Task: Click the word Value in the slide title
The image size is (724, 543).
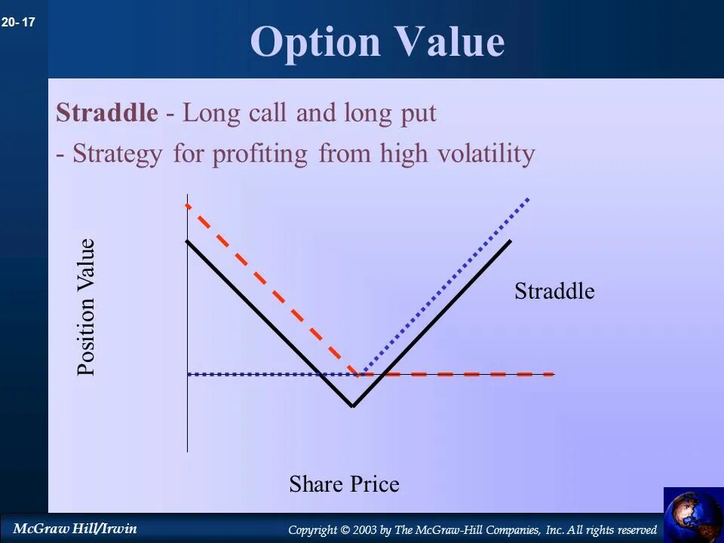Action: coord(450,41)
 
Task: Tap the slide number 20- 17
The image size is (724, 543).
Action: coord(18,22)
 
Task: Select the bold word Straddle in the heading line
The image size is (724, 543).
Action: coord(106,112)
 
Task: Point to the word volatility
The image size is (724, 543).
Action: coord(486,153)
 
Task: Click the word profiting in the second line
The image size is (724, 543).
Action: coord(259,154)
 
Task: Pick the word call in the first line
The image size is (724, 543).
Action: coord(267,112)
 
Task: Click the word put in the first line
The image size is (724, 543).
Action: coord(419,115)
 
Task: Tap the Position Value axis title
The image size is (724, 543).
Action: coord(86,307)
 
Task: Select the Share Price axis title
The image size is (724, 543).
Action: coord(344,484)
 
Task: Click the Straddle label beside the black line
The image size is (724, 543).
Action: coord(554,291)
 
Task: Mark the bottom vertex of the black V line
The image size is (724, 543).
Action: coord(352,406)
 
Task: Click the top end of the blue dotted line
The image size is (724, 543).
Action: coord(528,199)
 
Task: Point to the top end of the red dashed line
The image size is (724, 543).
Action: coord(187,204)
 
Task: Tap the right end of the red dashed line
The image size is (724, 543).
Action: coord(554,374)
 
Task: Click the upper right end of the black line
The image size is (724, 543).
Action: coord(511,241)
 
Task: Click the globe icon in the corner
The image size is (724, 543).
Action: coord(694,515)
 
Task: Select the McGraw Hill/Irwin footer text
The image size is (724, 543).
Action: coord(75,528)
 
